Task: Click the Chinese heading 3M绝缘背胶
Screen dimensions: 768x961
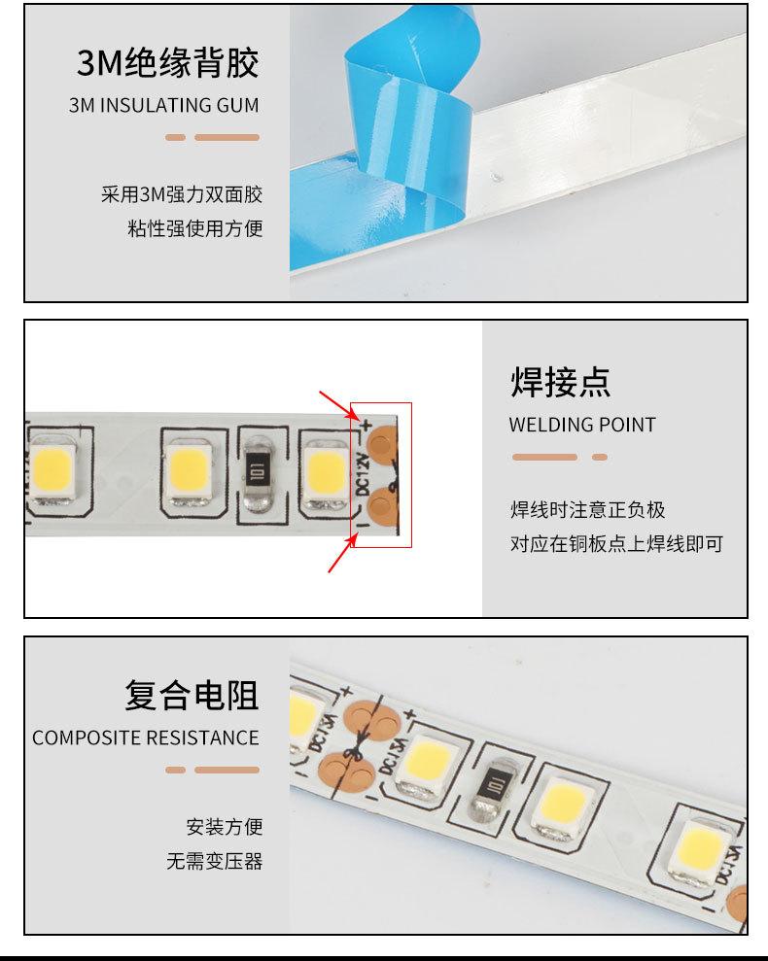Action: click(168, 64)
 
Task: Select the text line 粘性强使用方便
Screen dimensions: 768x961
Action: click(194, 229)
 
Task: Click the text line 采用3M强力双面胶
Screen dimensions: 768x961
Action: click(182, 194)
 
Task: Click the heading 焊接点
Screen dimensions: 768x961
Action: click(561, 382)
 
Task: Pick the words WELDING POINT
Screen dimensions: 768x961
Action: click(581, 425)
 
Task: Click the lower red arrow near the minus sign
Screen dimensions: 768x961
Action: click(339, 557)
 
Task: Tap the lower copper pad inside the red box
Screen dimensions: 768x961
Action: click(385, 503)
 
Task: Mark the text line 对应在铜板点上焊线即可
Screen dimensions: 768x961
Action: click(616, 543)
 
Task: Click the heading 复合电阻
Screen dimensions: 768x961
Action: click(192, 696)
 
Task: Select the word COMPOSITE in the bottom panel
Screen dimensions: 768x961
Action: click(87, 738)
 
